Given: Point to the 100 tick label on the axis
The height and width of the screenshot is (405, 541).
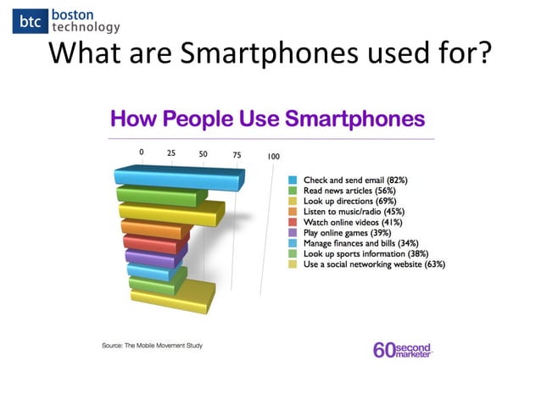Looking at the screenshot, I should pos(273,156).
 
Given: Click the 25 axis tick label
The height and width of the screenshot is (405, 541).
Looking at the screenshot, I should pos(171,154).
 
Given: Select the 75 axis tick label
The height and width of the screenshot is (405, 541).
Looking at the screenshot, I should pos(236,155).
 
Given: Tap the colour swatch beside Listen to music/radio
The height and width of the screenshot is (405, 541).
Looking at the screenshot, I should pos(292,212).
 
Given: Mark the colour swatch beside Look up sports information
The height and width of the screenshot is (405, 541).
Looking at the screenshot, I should pos(292,253).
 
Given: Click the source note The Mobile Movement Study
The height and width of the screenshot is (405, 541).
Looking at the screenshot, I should pos(153,346).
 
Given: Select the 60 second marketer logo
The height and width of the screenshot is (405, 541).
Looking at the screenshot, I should pos(403,349).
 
